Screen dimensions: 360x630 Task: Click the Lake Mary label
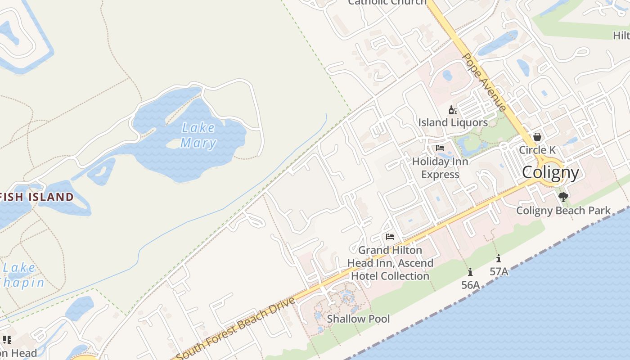point(198,135)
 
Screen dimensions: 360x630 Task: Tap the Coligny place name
point(550,172)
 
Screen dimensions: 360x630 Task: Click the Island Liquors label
point(453,122)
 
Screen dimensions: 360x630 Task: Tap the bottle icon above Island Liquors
point(453,110)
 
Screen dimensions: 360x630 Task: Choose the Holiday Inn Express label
point(440,168)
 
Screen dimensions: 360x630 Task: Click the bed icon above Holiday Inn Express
point(440,148)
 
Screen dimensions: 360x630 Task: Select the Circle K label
point(537,150)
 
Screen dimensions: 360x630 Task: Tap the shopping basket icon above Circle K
point(537,137)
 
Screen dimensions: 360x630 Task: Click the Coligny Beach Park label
point(563,211)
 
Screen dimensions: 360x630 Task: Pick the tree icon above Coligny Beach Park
point(563,197)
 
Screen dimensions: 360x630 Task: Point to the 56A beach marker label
point(470,285)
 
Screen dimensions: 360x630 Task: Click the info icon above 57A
point(499,259)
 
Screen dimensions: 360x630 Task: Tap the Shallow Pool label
point(358,319)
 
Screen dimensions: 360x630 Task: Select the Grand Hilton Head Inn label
point(390,263)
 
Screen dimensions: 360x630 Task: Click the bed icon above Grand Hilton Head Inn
point(390,237)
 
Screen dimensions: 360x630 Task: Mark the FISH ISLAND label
point(37,197)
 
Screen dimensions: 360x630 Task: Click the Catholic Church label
point(387,2)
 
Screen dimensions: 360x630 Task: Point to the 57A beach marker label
point(499,271)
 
